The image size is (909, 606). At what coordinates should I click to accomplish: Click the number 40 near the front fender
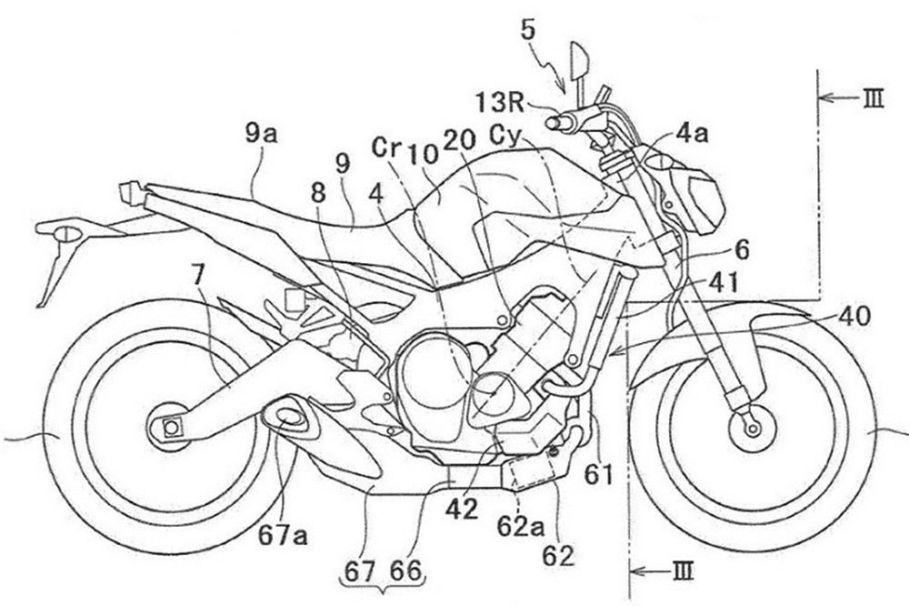tap(855, 317)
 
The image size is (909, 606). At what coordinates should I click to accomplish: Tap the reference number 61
tap(598, 474)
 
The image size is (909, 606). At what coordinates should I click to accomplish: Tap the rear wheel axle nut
tap(168, 425)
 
